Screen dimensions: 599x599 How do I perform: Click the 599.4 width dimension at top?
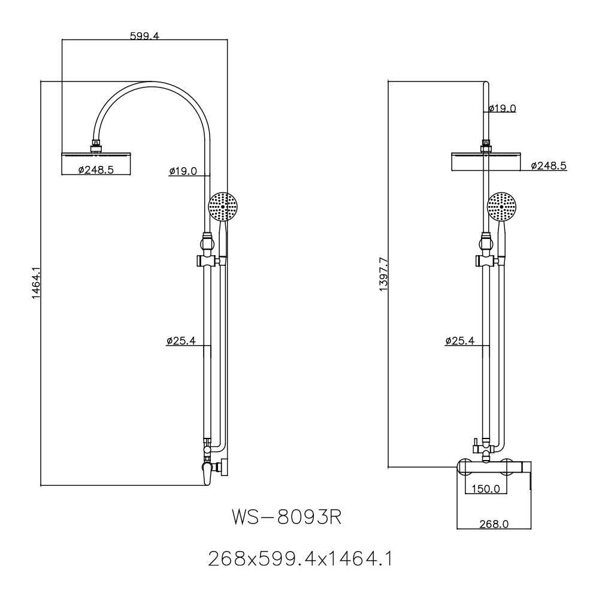click(x=144, y=36)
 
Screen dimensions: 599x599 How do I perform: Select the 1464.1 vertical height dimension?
click(x=36, y=283)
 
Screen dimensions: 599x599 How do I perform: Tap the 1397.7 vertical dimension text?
click(x=383, y=274)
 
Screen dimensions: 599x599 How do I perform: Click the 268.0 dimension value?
click(x=494, y=524)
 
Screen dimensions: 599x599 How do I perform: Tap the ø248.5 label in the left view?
click(x=96, y=170)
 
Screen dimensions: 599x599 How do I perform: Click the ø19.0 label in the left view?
click(x=183, y=171)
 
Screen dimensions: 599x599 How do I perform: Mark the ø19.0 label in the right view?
click(x=501, y=108)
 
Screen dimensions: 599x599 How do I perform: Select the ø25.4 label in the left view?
click(x=181, y=341)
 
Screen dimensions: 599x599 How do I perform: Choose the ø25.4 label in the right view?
click(x=459, y=341)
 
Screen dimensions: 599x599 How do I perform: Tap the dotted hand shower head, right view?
click(x=502, y=208)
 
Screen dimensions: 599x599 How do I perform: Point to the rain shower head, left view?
click(x=96, y=156)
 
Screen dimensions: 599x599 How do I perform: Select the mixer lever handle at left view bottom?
click(x=207, y=473)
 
